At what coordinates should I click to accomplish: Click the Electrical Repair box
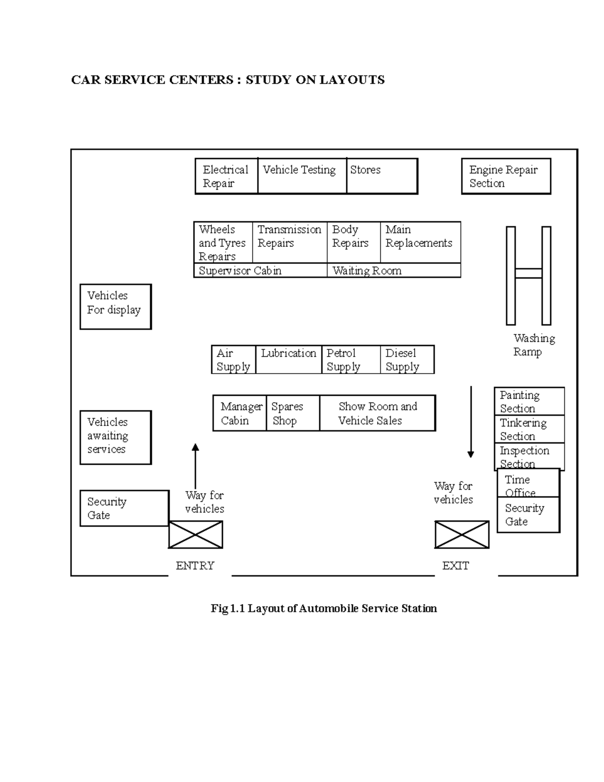[x=226, y=176]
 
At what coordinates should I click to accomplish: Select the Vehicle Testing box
[x=302, y=176]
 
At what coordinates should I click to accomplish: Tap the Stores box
[x=382, y=176]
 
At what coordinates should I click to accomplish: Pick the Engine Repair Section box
[x=506, y=176]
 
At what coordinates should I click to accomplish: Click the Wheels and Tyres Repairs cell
[x=223, y=242]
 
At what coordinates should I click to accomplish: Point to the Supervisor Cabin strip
[x=260, y=270]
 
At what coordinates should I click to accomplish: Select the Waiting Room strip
[x=394, y=270]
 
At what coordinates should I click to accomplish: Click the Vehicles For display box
[x=115, y=306]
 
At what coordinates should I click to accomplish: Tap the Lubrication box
[x=288, y=360]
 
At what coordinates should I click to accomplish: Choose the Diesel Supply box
[x=407, y=360]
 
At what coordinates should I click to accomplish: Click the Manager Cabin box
[x=240, y=413]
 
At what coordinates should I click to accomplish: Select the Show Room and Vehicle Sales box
[x=377, y=413]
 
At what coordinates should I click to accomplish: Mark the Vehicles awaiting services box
[x=115, y=437]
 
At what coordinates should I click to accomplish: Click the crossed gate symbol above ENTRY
[x=195, y=535]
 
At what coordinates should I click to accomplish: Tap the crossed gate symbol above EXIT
[x=462, y=535]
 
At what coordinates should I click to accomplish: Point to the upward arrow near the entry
[x=195, y=466]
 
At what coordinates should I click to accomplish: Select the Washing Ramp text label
[x=534, y=345]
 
